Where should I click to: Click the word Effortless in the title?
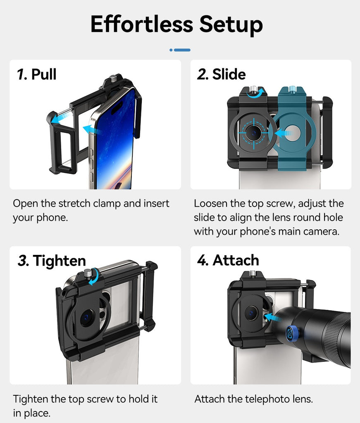[x=142, y=24]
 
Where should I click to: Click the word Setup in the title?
[x=231, y=25]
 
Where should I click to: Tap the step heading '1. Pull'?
[x=37, y=74]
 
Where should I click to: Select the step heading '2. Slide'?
[x=221, y=74]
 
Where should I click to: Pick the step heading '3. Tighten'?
[x=52, y=261]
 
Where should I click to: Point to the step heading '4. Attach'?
[x=228, y=260]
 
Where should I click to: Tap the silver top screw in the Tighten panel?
[x=88, y=273]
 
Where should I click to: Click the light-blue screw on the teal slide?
[x=292, y=89]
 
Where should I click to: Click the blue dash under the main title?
[x=182, y=50]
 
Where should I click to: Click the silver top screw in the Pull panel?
[x=113, y=79]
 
